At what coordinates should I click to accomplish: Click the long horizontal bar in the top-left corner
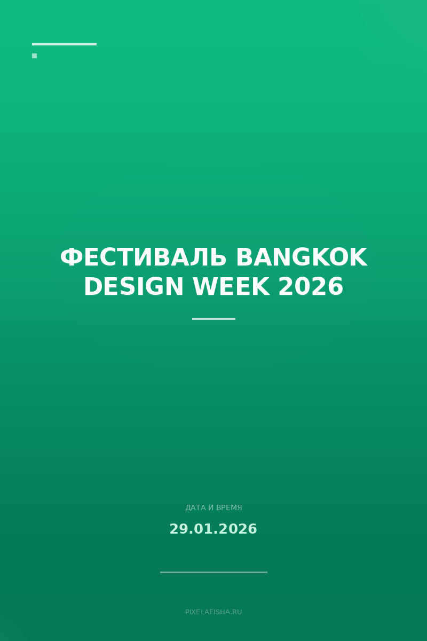(64, 44)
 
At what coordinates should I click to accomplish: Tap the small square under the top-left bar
(34, 56)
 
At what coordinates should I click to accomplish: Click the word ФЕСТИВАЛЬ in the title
(143, 258)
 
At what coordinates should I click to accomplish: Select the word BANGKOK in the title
(301, 258)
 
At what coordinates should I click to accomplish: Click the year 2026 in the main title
(311, 287)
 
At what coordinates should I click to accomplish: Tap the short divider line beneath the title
(213, 319)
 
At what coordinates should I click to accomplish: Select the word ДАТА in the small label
(195, 507)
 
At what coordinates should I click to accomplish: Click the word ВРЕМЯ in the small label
(229, 507)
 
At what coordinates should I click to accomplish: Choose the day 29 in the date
(178, 529)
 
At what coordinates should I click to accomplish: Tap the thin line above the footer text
(213, 572)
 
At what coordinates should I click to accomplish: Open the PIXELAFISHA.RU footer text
(213, 612)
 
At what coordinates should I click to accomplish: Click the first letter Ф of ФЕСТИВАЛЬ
(71, 258)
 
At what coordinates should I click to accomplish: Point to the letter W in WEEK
(203, 287)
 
